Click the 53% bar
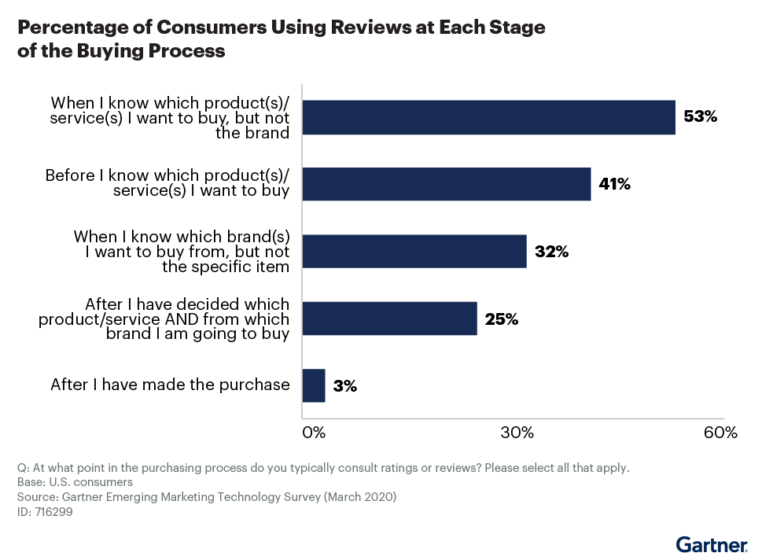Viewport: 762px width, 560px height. tap(488, 117)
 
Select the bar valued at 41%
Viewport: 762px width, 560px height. tap(446, 184)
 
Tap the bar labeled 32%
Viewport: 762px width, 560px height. tap(414, 252)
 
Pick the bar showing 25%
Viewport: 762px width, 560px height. tap(389, 319)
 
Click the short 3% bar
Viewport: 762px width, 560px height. tap(314, 385)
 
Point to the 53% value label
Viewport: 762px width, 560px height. tap(701, 117)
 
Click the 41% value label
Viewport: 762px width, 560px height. tap(615, 185)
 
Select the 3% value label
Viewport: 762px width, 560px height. tap(344, 386)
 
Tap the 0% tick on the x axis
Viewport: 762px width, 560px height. tap(314, 433)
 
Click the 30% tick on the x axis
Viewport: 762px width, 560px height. tap(517, 433)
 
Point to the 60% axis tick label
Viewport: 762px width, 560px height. tap(720, 433)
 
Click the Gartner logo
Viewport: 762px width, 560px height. tap(712, 545)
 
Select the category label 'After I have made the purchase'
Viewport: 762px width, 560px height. tap(170, 385)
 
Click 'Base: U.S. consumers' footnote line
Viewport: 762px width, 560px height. tap(75, 481)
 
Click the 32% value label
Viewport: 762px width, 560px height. tap(550, 252)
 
